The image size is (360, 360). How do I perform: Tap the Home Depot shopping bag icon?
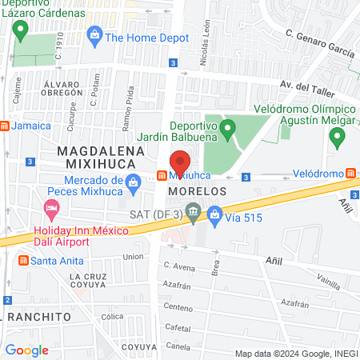tap(95, 35)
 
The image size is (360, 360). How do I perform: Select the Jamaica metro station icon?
tap(4, 126)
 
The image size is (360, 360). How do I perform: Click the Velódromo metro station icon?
tap(350, 174)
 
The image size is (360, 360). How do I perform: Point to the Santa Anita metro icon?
tap(24, 262)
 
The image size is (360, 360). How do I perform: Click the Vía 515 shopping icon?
tap(214, 214)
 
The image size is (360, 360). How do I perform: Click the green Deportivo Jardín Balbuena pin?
tap(227, 127)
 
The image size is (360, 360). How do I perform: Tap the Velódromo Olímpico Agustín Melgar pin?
tap(337, 139)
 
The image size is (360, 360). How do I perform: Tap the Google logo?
tap(26, 350)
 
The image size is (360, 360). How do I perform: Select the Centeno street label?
tap(179, 307)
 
